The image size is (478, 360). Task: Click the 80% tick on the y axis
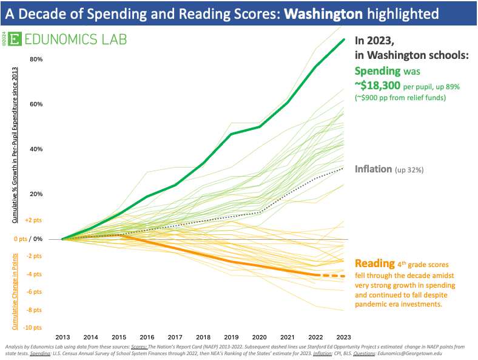click(36, 59)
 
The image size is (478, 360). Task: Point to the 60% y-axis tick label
click(36, 104)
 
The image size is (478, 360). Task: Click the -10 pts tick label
click(33, 328)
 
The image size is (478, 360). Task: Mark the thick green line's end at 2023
click(344, 40)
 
